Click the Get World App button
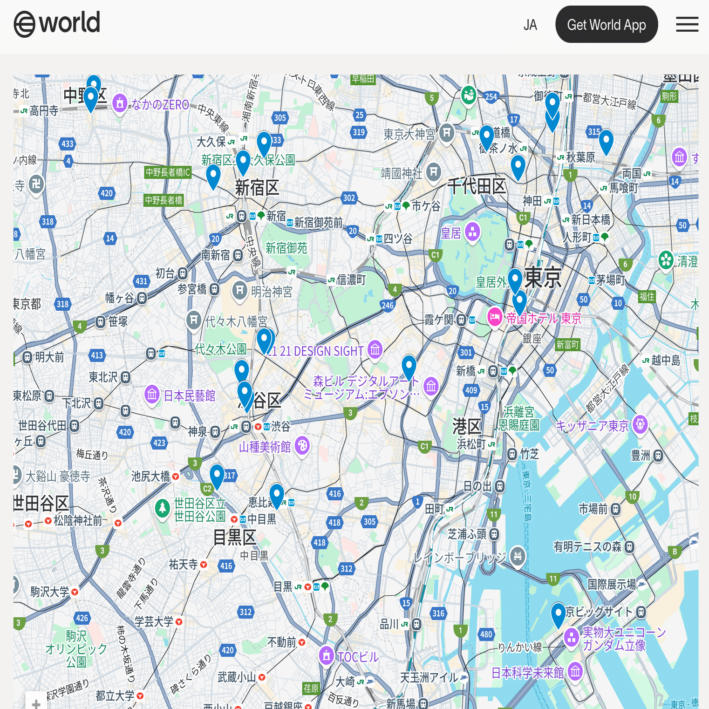[606, 25]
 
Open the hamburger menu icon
[687, 24]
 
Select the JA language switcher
[530, 25]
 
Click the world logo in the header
[57, 23]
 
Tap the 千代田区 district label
[476, 186]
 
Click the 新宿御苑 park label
[286, 248]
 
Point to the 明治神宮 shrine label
[272, 292]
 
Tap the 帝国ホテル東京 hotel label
[544, 319]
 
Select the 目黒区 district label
[234, 538]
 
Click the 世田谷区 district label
[41, 504]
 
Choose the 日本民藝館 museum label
[189, 395]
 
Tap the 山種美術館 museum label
[265, 447]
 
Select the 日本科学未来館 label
[527, 673]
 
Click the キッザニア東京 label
[592, 426]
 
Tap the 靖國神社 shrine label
[402, 173]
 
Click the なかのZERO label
[160, 105]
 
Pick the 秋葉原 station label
[580, 157]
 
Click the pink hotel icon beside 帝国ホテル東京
[494, 317]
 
